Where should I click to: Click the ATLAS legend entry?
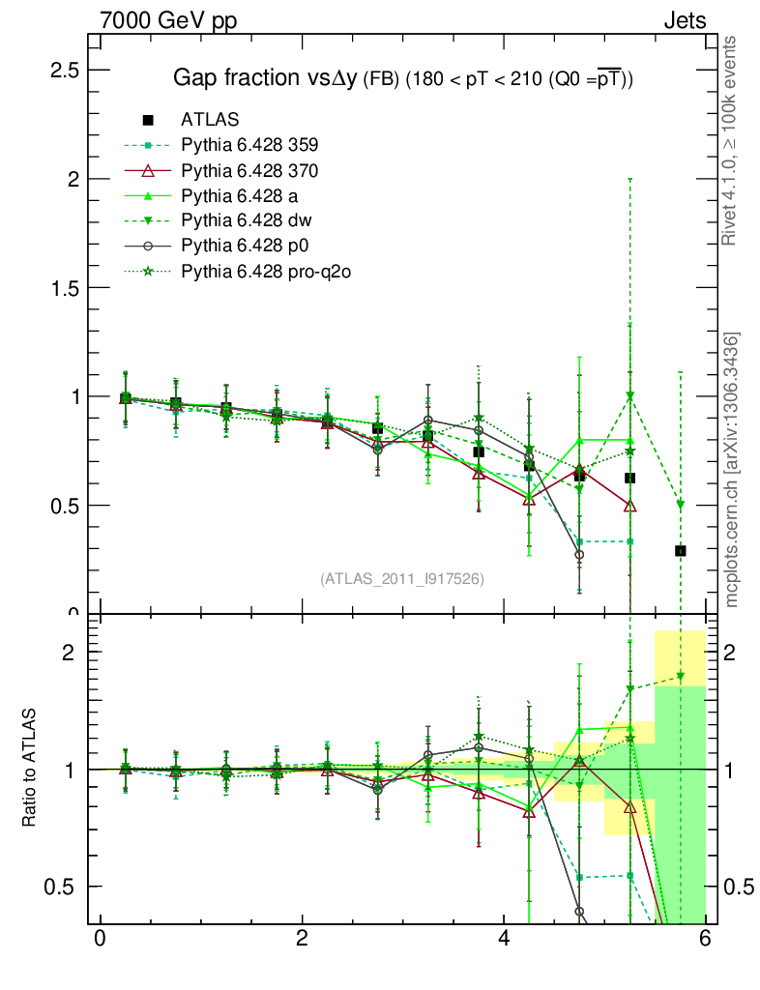tap(210, 120)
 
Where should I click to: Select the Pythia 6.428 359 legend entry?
tap(249, 146)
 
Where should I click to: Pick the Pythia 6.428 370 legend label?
tap(249, 171)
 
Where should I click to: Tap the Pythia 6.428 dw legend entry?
tap(247, 221)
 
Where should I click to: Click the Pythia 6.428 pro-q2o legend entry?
tap(265, 272)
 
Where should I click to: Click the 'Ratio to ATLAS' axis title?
tap(31, 769)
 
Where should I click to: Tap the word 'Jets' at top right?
tap(685, 20)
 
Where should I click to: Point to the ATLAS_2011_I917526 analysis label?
tap(402, 578)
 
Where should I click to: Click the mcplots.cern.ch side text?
tap(732, 470)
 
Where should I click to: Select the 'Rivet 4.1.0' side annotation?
tap(732, 140)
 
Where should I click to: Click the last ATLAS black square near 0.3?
tap(681, 550)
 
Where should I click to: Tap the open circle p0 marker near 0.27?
tap(579, 555)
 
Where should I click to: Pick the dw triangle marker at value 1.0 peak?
tap(630, 396)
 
